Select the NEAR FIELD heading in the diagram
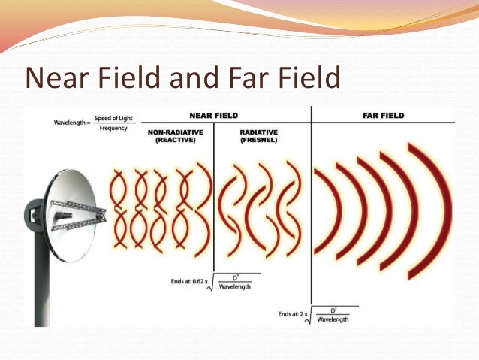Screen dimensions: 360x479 (215, 116)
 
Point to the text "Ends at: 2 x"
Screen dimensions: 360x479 (293, 315)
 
